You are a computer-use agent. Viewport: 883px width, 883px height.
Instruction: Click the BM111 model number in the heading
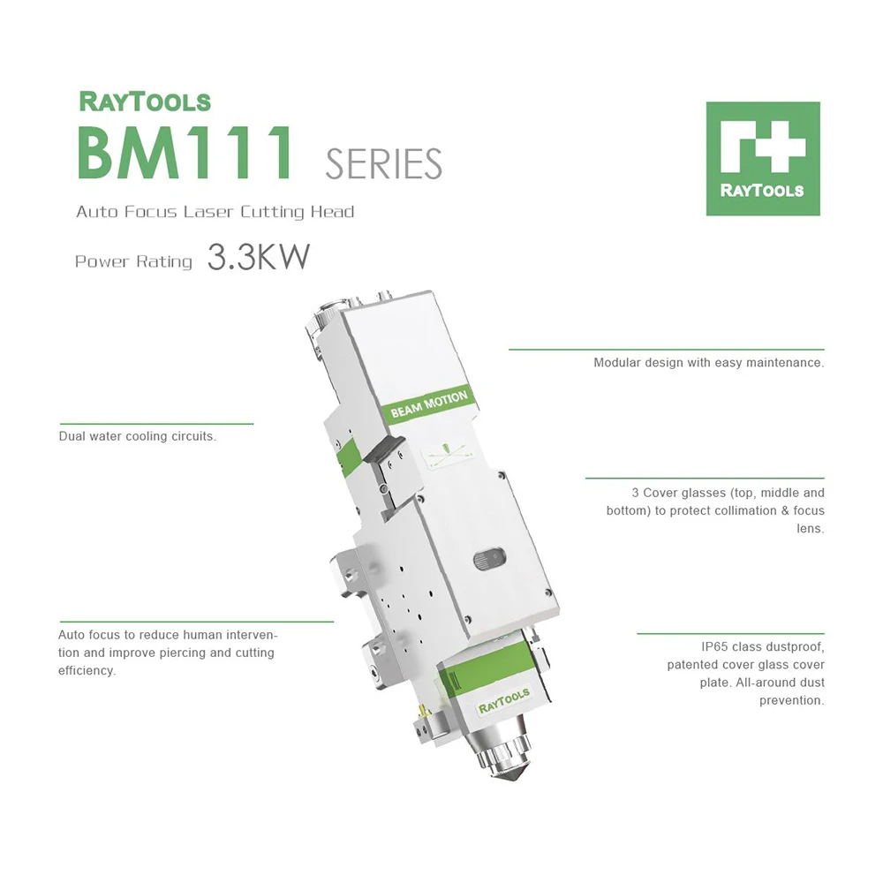point(185,154)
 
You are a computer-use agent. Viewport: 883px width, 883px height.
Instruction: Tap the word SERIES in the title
point(383,163)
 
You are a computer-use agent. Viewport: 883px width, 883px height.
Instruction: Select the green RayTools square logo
point(763,159)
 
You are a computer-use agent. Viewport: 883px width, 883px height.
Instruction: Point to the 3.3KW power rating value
point(259,257)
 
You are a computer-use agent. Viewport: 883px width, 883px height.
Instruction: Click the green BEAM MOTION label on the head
point(429,405)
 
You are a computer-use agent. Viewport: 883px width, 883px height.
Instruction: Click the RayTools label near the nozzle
point(504,700)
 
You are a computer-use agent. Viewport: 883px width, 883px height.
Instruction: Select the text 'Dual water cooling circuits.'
point(137,436)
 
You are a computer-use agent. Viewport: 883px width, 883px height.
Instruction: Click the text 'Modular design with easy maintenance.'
point(708,363)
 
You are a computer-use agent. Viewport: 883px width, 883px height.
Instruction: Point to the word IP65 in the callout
point(713,647)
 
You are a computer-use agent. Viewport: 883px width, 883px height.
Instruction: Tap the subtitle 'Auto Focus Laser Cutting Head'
point(215,212)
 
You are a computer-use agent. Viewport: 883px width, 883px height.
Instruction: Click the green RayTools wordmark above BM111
point(145,101)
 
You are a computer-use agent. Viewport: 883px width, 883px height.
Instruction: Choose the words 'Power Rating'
point(133,261)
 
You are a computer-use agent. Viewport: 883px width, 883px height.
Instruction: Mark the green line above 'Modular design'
point(666,350)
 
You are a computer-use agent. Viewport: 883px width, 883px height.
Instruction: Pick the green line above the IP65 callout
point(730,633)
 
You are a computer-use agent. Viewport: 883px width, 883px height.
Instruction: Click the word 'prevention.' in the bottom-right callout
point(791,700)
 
